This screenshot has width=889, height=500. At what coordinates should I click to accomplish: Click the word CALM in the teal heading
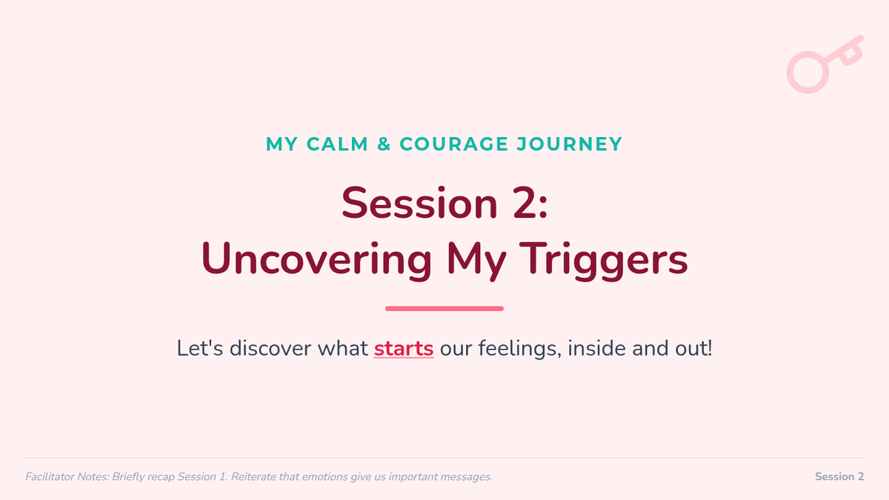pos(337,144)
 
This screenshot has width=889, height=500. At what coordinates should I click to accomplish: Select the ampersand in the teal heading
pos(384,144)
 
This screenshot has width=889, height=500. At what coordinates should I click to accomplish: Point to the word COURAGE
pos(453,144)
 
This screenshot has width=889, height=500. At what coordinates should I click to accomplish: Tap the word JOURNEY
pos(569,144)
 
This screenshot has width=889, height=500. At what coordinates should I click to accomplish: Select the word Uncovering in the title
pos(316,259)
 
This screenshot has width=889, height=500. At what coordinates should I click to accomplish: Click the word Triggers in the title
pos(603,259)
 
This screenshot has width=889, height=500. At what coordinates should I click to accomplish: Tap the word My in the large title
pos(476,259)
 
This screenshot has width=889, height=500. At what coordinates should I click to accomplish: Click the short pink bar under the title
pos(444,308)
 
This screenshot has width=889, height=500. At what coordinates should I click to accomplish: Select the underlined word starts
pos(404,348)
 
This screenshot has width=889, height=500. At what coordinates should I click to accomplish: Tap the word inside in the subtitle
pos(596,348)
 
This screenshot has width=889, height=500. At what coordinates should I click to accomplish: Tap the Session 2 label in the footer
pos(839,476)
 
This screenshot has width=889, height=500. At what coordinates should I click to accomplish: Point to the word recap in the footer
pos(161,477)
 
